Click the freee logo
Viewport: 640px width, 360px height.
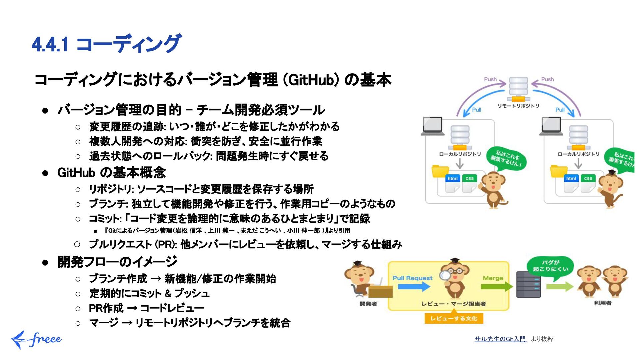point(36,339)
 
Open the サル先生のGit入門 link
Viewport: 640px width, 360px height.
point(500,339)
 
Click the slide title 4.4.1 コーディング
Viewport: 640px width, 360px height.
point(106,44)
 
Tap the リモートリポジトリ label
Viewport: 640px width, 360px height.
point(518,106)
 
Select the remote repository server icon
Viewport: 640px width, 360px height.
point(518,89)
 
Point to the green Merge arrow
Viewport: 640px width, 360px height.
point(496,286)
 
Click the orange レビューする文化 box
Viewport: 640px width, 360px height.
point(454,318)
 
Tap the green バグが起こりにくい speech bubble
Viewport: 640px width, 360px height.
point(550,266)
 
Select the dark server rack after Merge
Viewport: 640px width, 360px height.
point(528,284)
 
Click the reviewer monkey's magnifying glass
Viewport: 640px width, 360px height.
point(445,275)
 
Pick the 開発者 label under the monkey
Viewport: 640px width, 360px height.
point(368,304)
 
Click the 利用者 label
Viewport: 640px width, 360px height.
point(602,303)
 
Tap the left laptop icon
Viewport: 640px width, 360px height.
point(432,126)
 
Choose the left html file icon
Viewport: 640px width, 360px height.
point(452,183)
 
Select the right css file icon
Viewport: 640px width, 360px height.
point(588,183)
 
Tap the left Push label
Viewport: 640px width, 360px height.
point(490,79)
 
